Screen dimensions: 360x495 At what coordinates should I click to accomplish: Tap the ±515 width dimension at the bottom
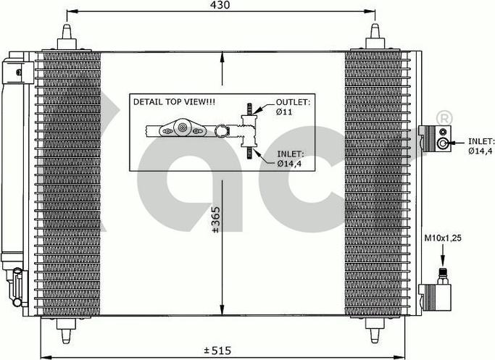point(216,351)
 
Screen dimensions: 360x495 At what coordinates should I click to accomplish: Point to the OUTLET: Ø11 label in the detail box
point(293,108)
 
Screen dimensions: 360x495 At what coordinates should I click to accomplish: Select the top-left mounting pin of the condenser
point(67,36)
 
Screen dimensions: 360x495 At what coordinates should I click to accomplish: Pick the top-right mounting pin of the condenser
point(375,36)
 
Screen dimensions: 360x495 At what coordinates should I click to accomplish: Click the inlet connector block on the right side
point(434,138)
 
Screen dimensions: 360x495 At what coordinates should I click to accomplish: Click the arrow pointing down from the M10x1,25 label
point(440,255)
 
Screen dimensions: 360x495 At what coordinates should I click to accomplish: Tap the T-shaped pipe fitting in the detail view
point(246,131)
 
